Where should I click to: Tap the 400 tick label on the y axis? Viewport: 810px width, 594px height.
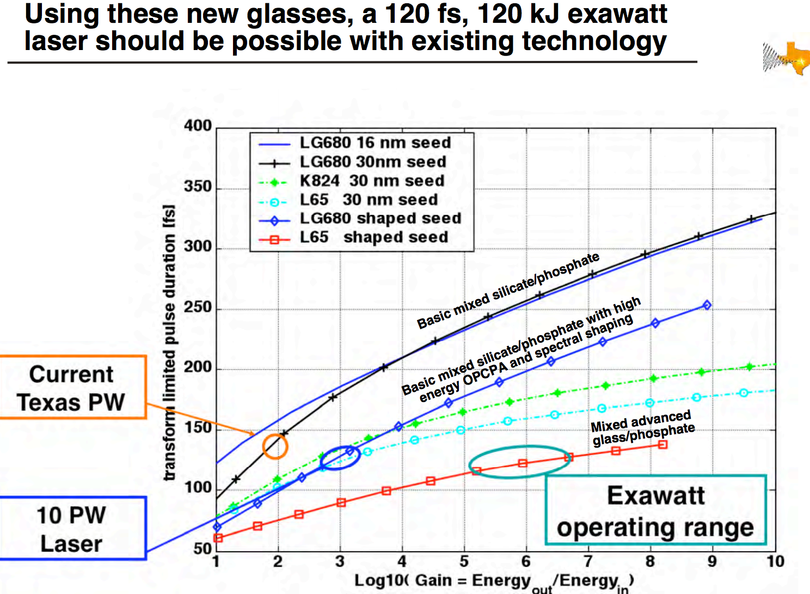pos(198,126)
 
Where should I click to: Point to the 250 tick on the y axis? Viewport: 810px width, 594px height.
pos(198,307)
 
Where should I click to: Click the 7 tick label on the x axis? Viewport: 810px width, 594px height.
pos(588,561)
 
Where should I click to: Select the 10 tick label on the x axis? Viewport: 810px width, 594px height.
pos(775,561)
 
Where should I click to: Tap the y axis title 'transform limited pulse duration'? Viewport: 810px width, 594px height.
pos(170,343)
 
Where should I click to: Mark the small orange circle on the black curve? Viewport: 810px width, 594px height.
pos(275,446)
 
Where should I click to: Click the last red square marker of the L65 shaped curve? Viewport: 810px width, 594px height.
pos(662,444)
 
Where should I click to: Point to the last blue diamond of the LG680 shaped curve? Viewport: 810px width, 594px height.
pos(707,305)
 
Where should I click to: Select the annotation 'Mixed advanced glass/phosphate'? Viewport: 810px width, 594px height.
pos(642,428)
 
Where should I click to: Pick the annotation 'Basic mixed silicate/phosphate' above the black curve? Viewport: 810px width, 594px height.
pos(508,290)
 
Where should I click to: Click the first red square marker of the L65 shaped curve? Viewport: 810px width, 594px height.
pos(218,538)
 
